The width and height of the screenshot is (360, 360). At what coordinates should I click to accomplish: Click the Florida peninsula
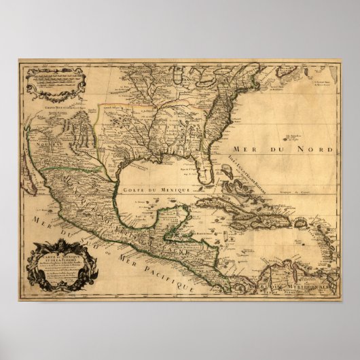point(208,163)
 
